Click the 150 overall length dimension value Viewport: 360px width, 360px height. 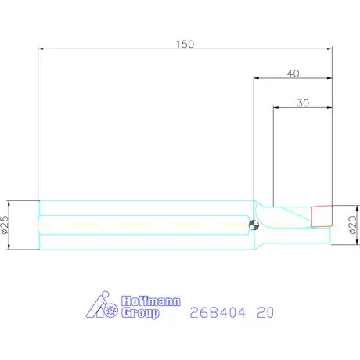(x=185, y=44)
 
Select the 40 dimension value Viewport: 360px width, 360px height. (x=293, y=74)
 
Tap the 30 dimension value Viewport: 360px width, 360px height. (x=303, y=103)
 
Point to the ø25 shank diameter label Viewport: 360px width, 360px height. (x=5, y=225)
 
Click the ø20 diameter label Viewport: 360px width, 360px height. (x=352, y=225)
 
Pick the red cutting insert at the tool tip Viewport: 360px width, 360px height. (x=322, y=216)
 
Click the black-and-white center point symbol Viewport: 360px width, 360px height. (x=254, y=225)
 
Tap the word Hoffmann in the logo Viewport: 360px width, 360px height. (x=151, y=301)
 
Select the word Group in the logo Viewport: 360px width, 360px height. (x=140, y=313)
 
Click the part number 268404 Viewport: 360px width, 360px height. (x=218, y=312)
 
